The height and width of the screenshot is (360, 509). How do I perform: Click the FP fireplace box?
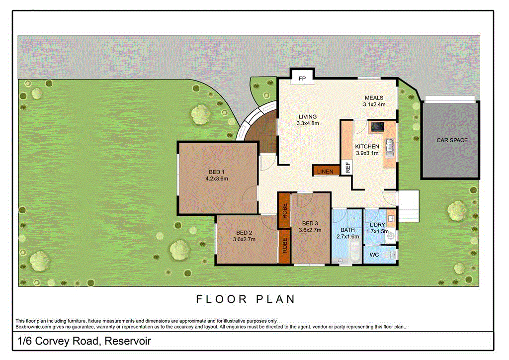point(301,78)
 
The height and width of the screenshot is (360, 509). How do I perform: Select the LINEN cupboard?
point(326,171)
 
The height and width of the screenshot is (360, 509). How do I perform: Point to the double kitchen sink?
point(390,146)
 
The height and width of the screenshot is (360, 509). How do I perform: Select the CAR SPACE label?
point(452,140)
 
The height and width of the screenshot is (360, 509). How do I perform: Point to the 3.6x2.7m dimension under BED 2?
point(244,239)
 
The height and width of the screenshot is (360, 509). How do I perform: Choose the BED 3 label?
point(310,223)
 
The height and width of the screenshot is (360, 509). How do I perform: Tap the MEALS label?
point(374,98)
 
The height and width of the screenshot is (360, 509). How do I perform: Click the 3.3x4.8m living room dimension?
point(307,123)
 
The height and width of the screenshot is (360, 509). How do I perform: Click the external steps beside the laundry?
point(410,206)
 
